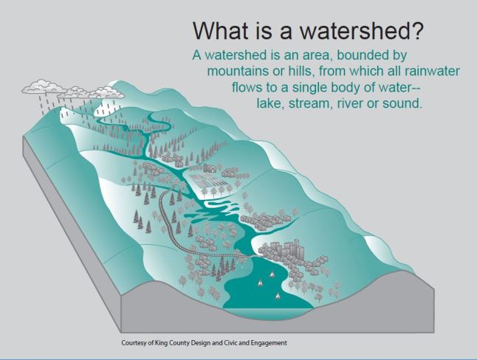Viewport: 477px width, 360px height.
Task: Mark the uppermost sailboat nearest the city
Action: pyautogui.click(x=273, y=274)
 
